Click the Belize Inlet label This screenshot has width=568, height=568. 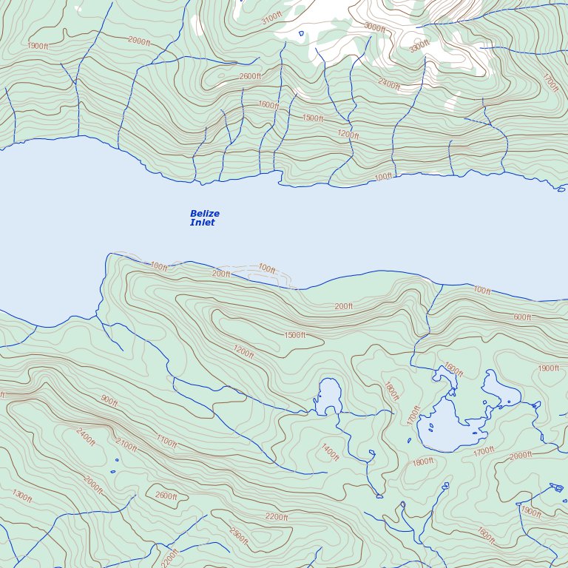(x=205, y=218)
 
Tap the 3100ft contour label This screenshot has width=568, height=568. (x=271, y=18)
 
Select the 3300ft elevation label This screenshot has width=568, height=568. (x=419, y=47)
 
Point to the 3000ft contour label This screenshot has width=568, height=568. (x=374, y=27)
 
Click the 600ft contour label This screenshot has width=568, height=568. (x=522, y=317)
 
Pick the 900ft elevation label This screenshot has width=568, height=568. (x=109, y=401)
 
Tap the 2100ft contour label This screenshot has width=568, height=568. (x=126, y=445)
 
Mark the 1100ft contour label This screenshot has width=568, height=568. (x=166, y=442)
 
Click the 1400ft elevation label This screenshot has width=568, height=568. (x=330, y=452)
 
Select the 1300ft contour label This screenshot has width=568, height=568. (x=22, y=496)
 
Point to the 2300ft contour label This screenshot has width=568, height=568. (x=238, y=536)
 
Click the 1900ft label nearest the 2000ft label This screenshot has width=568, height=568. (x=531, y=511)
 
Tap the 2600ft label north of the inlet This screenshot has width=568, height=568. (x=250, y=76)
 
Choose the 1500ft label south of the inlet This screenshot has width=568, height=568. (x=294, y=335)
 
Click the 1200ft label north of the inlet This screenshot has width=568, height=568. (x=348, y=135)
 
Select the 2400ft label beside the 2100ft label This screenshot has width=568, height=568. (x=86, y=437)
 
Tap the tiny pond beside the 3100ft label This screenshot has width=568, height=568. (x=301, y=33)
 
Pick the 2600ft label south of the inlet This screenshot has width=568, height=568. (x=166, y=496)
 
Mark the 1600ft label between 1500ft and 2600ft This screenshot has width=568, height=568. (x=268, y=105)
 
